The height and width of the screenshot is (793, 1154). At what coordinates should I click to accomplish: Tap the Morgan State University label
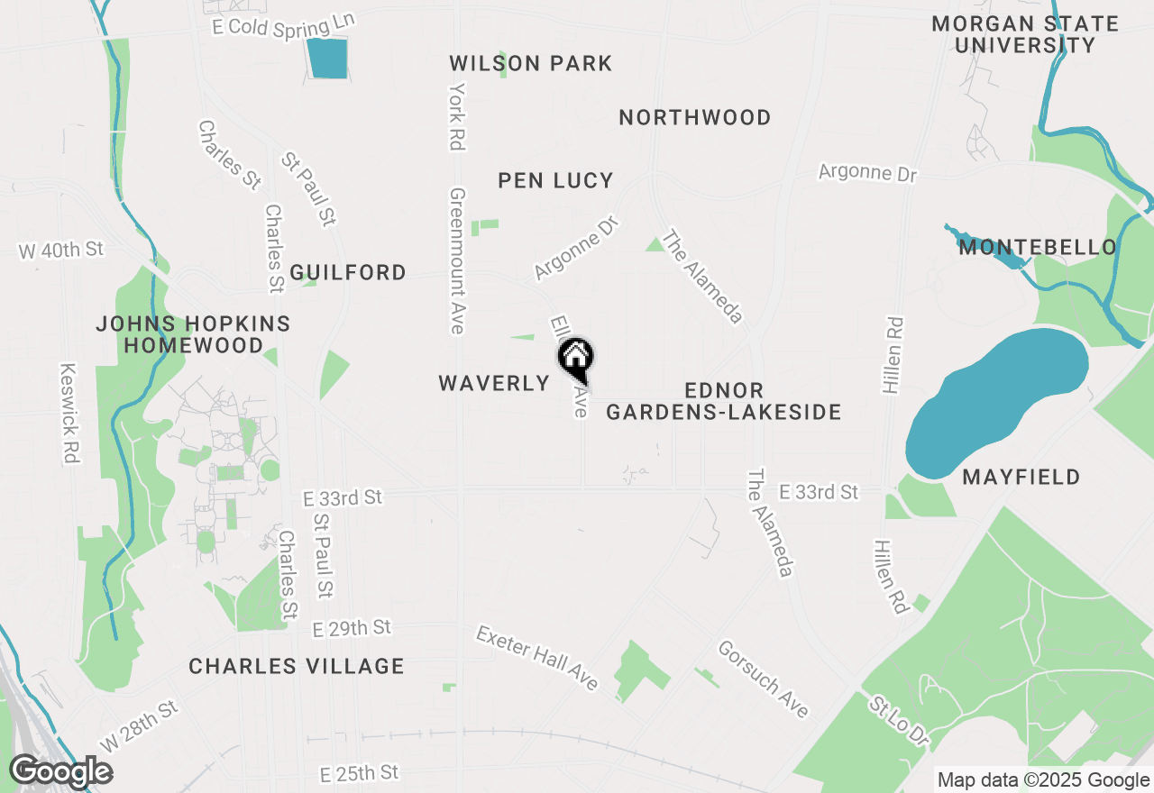point(1025,34)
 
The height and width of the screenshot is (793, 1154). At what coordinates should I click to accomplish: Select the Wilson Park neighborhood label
point(531,63)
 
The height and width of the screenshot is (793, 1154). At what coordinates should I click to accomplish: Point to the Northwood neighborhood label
point(695,117)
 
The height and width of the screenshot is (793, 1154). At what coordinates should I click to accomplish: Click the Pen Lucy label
point(555,180)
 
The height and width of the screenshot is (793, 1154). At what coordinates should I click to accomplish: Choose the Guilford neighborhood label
point(348,272)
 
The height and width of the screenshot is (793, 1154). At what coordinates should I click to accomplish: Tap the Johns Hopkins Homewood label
point(193,333)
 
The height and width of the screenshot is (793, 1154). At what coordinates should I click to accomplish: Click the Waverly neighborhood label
point(494,383)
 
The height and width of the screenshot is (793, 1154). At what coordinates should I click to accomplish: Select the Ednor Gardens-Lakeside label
point(723,401)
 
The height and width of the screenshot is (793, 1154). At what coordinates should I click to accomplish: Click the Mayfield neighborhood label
point(1021,477)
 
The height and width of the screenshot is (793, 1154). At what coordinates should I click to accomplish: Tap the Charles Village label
point(297,666)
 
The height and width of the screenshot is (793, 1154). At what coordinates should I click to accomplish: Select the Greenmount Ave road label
point(457,261)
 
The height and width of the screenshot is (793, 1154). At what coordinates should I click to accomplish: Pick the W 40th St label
point(61,250)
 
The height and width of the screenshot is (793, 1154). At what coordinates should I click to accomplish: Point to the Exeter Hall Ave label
point(537,658)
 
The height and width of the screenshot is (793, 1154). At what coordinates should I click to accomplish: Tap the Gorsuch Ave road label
point(763,679)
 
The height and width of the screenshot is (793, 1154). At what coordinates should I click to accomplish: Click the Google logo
point(61,771)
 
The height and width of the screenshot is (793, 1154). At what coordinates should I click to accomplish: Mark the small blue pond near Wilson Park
point(326,59)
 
